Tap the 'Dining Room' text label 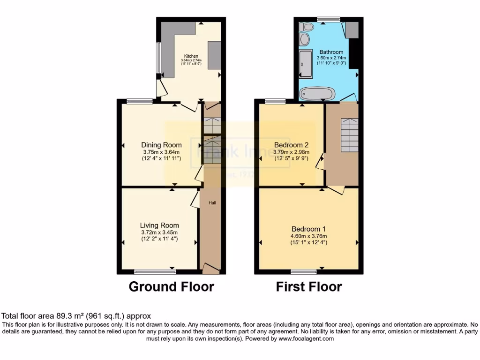pyautogui.click(x=161, y=145)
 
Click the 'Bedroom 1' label pyautogui.click(x=308, y=229)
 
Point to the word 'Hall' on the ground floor pyautogui.click(x=212, y=203)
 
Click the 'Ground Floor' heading pyautogui.click(x=171, y=286)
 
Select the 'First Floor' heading pyautogui.click(x=308, y=286)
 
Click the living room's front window pyautogui.click(x=155, y=271)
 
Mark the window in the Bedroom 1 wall pyautogui.click(x=303, y=271)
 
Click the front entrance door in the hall pyautogui.click(x=210, y=269)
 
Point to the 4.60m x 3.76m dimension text pyautogui.click(x=308, y=236)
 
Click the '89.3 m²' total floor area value pyautogui.click(x=56, y=316)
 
